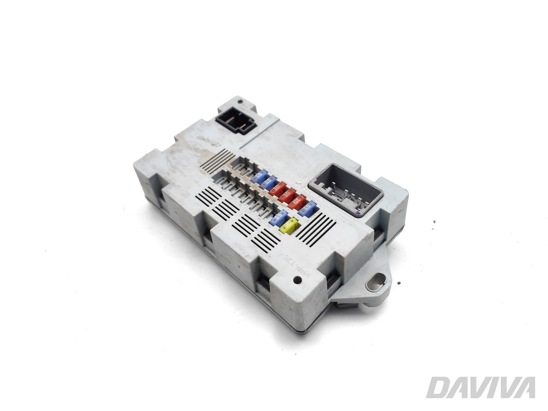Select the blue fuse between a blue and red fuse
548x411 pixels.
[268, 183]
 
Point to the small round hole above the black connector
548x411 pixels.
[241, 102]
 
